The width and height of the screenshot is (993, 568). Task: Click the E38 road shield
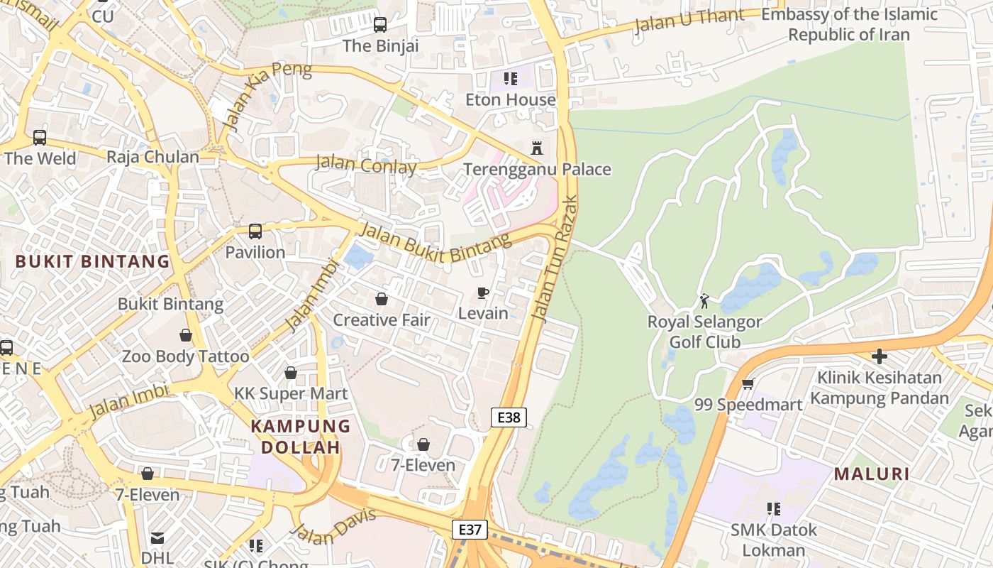[x=509, y=417]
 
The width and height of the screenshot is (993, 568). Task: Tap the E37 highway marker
[x=470, y=529]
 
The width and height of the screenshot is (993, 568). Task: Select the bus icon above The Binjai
[x=380, y=25]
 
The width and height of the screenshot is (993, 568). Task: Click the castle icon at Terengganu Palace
[x=537, y=148]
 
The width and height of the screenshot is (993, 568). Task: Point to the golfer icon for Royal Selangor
[x=704, y=301]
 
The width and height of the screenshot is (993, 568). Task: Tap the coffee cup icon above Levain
[x=483, y=293]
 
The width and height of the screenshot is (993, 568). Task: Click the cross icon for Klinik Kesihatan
[x=880, y=356]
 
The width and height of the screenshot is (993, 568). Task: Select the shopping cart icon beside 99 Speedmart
[x=748, y=384]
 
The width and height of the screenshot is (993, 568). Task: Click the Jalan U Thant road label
[x=689, y=20]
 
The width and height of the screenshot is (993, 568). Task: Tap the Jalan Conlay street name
[x=366, y=164]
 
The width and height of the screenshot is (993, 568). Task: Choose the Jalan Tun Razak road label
[x=555, y=259]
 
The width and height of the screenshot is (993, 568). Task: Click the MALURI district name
[x=871, y=474]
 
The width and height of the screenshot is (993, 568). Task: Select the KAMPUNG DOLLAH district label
[x=301, y=437]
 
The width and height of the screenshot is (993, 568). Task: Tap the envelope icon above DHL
[x=157, y=538]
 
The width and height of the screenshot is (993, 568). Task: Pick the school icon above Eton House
[x=511, y=78]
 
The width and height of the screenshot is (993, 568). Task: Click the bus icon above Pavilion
[x=255, y=231]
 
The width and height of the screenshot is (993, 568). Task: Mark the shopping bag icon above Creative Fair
[x=382, y=299]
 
